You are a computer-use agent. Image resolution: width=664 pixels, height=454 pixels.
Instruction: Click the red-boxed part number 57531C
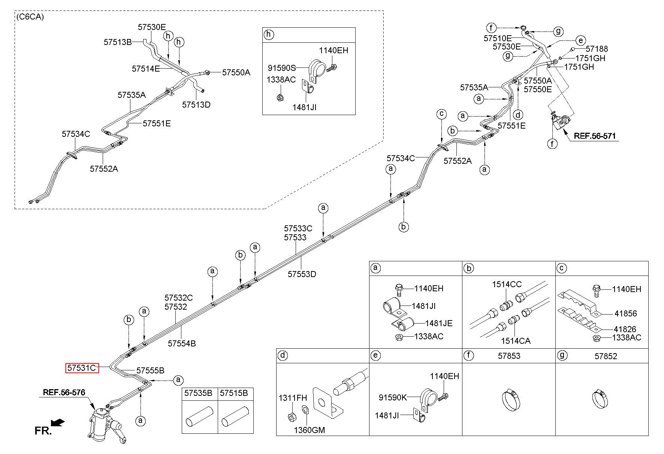(x=82, y=368)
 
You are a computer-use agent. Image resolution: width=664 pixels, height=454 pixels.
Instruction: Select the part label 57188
(x=597, y=49)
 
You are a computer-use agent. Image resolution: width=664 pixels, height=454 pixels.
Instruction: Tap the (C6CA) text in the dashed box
(x=30, y=17)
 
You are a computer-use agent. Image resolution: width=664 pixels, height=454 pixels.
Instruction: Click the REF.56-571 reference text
(x=595, y=136)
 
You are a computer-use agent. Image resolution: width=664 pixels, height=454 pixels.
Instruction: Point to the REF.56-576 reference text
(x=64, y=393)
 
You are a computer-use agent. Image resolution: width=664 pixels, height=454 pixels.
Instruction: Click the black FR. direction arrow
(x=58, y=423)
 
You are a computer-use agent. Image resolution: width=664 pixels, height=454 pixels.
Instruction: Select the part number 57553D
(x=302, y=274)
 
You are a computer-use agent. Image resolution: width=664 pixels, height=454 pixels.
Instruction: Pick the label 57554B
(x=182, y=343)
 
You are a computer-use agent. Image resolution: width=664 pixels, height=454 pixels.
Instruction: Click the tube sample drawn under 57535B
(x=200, y=416)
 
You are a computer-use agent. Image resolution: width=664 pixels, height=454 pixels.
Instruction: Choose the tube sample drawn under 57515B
(x=235, y=416)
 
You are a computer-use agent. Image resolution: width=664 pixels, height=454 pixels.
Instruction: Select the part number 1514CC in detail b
(x=507, y=285)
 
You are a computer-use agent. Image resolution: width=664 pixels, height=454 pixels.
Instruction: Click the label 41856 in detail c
(x=625, y=314)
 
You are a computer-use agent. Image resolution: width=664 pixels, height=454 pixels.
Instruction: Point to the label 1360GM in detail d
(x=309, y=430)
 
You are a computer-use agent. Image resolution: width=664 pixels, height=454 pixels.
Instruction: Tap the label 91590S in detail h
(x=282, y=68)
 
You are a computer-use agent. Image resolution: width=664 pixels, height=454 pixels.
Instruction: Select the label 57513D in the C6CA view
(x=196, y=105)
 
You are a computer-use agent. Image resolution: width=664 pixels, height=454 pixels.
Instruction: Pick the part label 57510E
(x=498, y=38)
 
